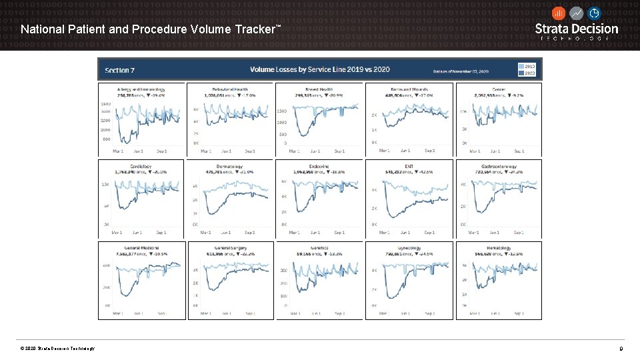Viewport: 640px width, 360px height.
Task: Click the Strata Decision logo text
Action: (x=577, y=29)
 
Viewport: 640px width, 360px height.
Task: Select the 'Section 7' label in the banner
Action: (x=120, y=69)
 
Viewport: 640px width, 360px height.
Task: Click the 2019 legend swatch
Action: (x=522, y=66)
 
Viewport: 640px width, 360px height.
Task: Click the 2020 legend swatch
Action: (x=522, y=73)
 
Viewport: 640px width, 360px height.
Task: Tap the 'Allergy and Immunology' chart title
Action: (x=141, y=89)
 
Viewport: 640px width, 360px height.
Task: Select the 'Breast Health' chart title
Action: (x=319, y=89)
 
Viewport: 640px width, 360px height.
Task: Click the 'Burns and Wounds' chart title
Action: (x=409, y=89)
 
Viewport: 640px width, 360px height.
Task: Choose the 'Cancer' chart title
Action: (x=498, y=89)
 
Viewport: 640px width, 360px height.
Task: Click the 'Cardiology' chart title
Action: (x=141, y=166)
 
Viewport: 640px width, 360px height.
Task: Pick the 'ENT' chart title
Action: (x=409, y=166)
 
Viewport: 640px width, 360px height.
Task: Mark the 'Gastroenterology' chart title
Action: (x=498, y=166)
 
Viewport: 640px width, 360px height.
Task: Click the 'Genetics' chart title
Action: (x=319, y=248)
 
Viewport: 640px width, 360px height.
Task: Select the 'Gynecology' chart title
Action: (x=409, y=248)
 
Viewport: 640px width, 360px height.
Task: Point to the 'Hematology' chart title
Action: (x=498, y=248)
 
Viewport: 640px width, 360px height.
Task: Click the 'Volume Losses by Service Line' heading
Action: (x=319, y=69)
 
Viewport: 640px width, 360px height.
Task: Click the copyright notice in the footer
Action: (x=57, y=349)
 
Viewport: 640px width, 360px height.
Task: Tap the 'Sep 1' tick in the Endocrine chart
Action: (x=339, y=233)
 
